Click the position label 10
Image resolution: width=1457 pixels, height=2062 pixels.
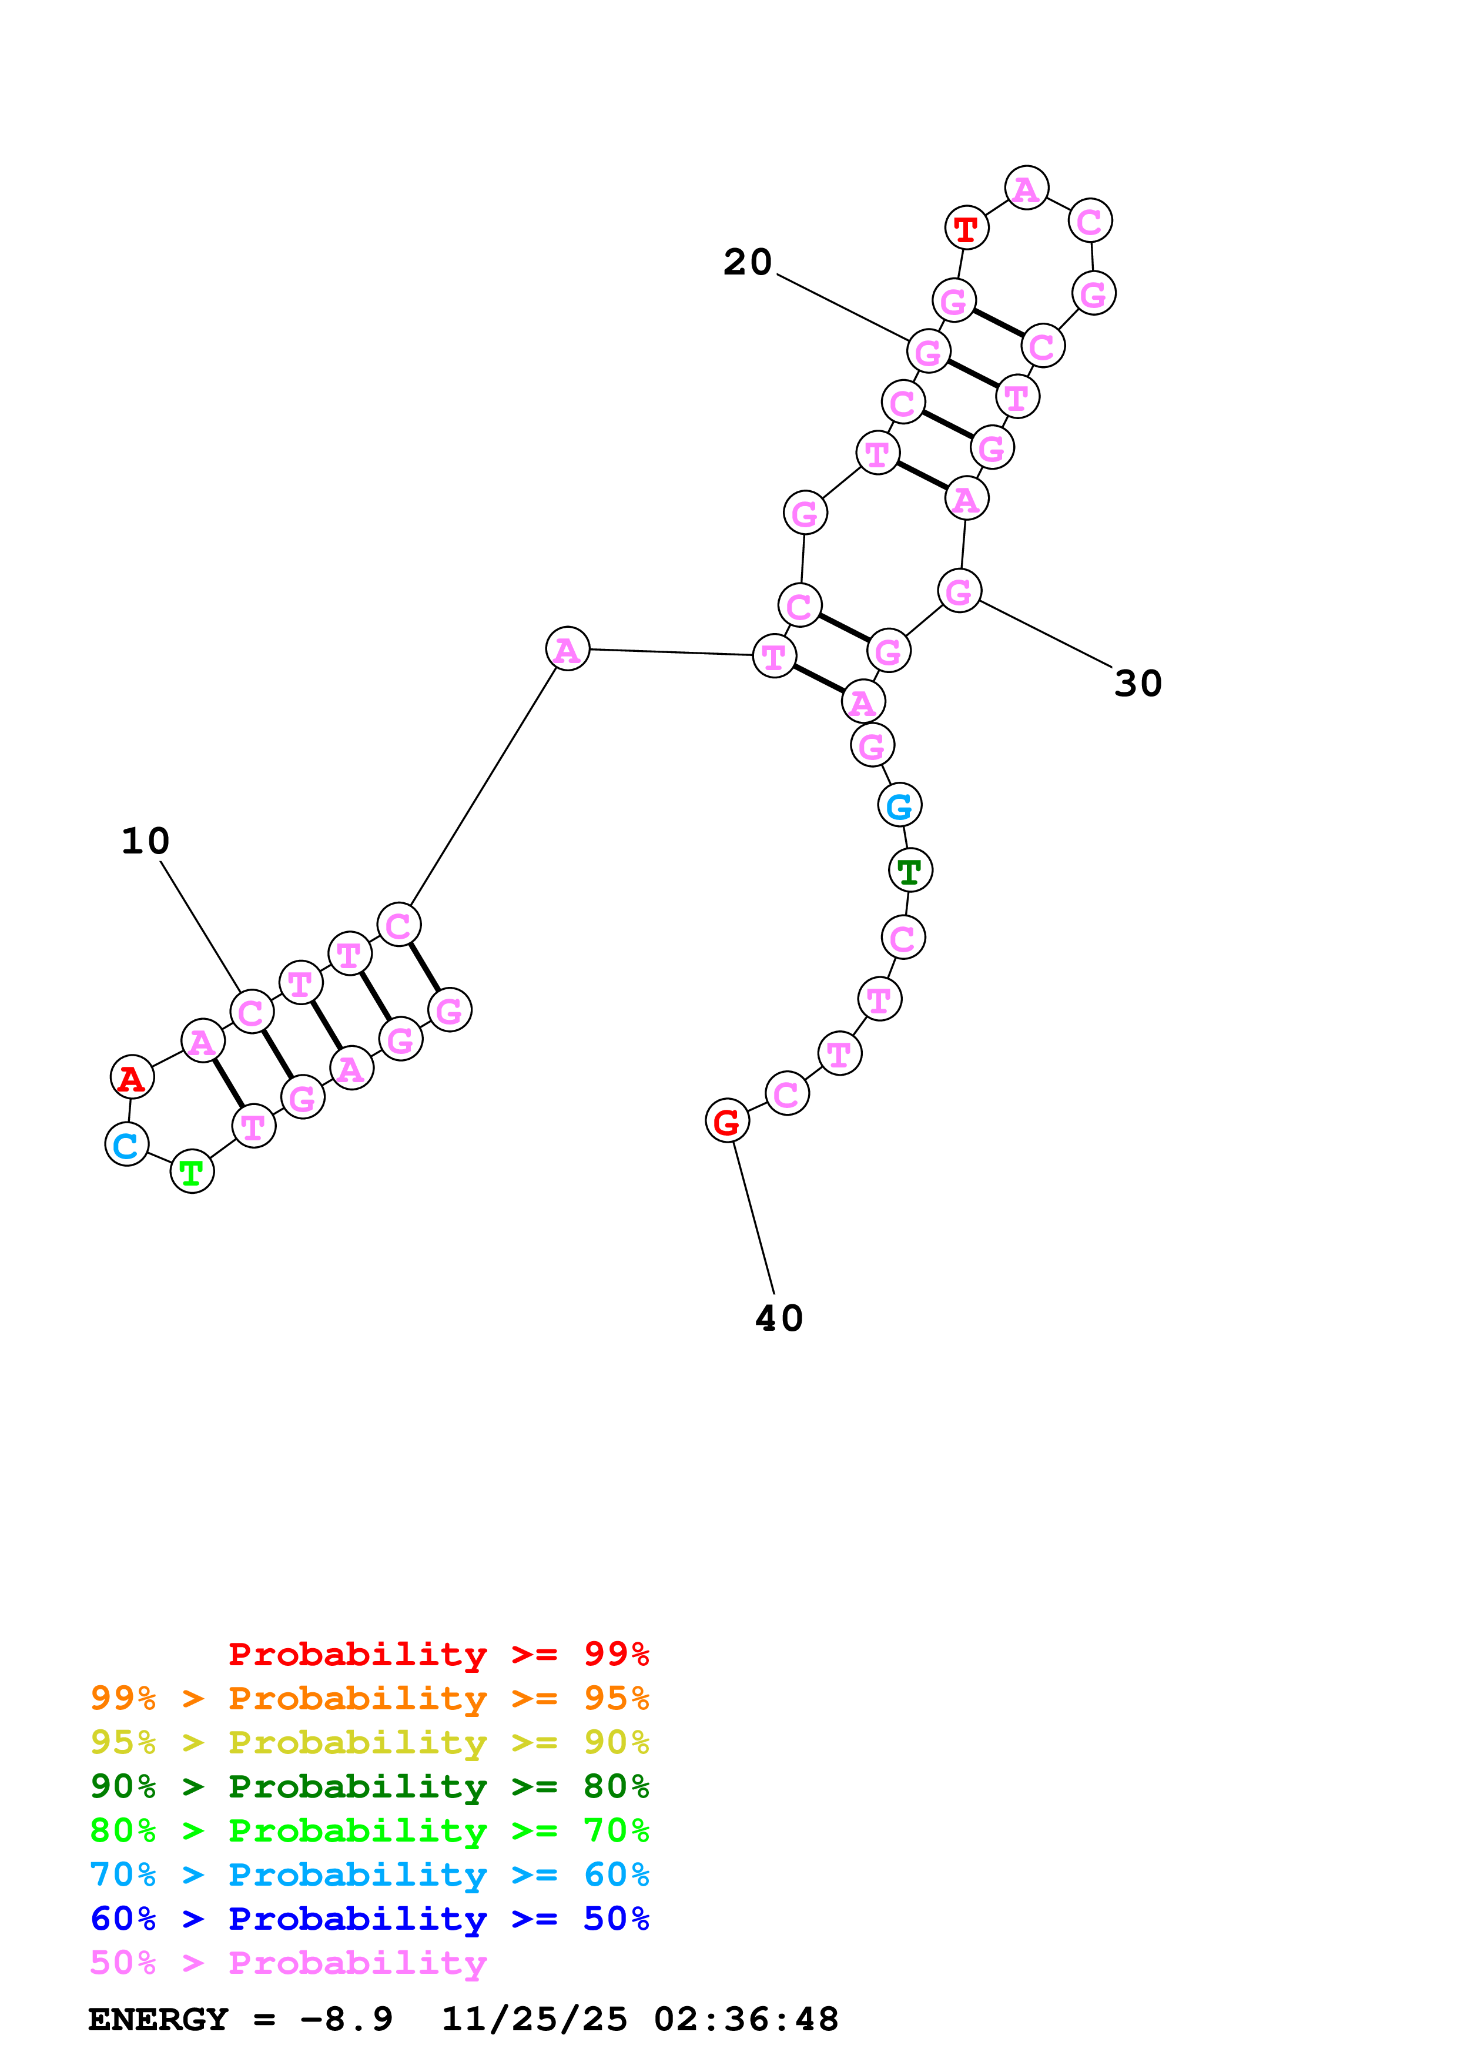[145, 842]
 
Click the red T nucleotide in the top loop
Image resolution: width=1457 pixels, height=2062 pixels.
[966, 229]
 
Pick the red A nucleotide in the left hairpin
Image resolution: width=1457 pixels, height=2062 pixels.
[132, 1077]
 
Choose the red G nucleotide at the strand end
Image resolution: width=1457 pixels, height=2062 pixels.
[726, 1121]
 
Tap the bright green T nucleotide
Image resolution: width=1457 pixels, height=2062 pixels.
[191, 1173]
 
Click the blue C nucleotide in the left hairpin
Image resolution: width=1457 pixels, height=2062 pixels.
[126, 1144]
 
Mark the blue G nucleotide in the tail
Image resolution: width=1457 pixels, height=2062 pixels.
[899, 806]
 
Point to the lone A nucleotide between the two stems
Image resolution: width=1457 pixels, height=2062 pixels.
[567, 650]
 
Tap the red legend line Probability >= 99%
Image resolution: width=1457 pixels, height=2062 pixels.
[438, 1654]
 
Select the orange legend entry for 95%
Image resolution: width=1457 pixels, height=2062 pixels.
[369, 1698]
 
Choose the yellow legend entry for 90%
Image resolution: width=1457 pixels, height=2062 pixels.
[369, 1742]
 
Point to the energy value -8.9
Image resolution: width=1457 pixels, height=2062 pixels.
[346, 2019]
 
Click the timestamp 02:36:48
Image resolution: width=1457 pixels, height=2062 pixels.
[745, 2019]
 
